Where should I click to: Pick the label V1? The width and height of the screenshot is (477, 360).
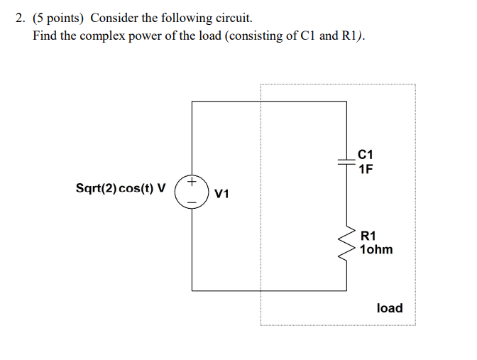(221, 193)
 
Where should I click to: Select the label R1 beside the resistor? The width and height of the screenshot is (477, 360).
(368, 236)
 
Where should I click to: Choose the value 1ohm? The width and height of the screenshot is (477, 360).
(375, 250)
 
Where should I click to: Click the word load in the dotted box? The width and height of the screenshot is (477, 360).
(389, 308)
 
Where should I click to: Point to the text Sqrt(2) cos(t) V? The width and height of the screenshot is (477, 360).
(121, 189)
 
